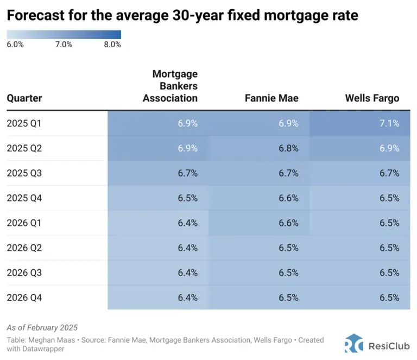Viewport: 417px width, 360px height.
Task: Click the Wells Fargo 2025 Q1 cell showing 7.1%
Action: click(x=389, y=123)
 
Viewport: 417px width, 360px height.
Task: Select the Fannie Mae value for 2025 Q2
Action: click(x=288, y=148)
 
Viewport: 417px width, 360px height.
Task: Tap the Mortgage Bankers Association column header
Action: click(x=170, y=86)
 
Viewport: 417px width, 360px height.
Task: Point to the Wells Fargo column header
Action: click(x=372, y=98)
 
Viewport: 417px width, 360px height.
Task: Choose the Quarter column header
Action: click(x=24, y=98)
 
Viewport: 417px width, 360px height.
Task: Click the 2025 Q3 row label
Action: click(x=24, y=173)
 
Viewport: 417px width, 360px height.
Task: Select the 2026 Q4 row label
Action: click(x=24, y=297)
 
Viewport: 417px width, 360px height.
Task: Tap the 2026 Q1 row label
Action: click(x=24, y=223)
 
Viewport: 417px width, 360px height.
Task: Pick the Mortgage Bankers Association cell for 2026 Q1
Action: click(x=187, y=223)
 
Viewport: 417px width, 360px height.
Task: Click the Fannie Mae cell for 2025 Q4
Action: click(x=288, y=198)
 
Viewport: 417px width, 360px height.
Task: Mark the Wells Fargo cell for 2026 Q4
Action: click(x=389, y=297)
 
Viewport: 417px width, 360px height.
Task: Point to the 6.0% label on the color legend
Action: click(x=15, y=45)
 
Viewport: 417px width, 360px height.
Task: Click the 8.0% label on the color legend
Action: click(x=112, y=45)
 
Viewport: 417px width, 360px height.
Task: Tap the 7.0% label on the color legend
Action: click(x=64, y=45)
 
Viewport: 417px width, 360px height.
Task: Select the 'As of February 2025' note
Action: click(x=42, y=327)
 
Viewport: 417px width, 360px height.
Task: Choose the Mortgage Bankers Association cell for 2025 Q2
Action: click(x=187, y=148)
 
